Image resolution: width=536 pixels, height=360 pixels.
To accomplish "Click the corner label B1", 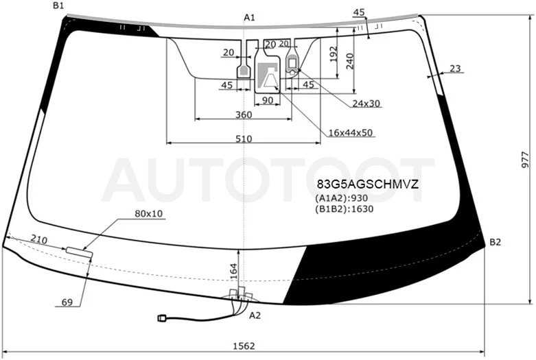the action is point(58,5).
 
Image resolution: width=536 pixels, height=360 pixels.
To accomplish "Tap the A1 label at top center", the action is point(249,17).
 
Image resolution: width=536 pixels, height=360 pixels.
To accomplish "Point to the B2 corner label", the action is point(495,242).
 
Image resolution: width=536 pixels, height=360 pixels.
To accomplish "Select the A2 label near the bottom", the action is point(255,315).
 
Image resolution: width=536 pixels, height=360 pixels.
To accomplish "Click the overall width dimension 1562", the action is point(244,346).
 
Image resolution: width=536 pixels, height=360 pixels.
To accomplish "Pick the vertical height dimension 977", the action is point(526,160).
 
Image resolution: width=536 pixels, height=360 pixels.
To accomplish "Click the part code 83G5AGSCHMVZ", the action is point(367,184).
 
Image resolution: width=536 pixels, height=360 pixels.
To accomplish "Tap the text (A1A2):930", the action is point(342,198).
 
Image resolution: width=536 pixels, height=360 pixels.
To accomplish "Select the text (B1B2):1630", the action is point(345,208).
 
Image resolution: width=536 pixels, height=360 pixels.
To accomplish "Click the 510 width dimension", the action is point(244,139).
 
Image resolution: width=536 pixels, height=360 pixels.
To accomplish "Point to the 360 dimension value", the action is point(244,115).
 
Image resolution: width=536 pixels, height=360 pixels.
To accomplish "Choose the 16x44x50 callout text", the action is point(351,132).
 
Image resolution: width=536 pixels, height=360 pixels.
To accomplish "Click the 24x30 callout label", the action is point(366,103).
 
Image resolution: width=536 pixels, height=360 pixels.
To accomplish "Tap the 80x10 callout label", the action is point(149,214).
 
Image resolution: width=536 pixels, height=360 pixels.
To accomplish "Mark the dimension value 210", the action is point(39,239).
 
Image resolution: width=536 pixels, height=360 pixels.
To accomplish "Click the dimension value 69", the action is point(67,302).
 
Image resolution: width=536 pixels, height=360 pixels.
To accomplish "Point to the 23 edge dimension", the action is point(455,69).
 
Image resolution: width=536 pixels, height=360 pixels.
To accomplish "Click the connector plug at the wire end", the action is point(162,318).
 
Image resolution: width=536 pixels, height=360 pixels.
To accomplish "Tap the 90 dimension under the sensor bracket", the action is point(268,100).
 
